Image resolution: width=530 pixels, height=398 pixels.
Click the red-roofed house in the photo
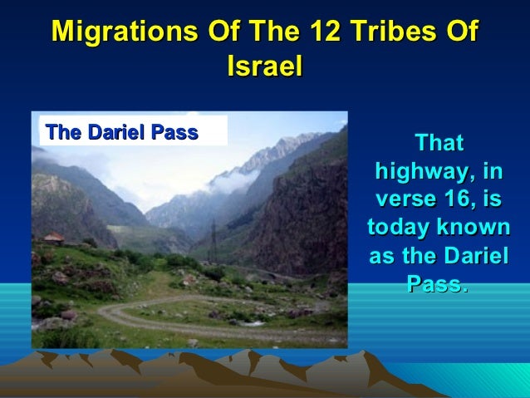53,238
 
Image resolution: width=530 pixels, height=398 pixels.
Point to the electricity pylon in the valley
213,235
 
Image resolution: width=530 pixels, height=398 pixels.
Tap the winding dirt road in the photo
166,319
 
